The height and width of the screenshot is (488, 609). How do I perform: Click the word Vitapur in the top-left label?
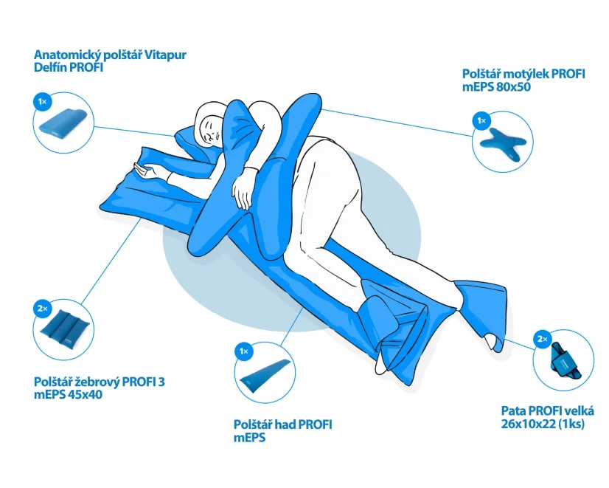pyautogui.click(x=165, y=55)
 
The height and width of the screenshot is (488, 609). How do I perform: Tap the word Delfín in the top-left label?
pyautogui.click(x=50, y=67)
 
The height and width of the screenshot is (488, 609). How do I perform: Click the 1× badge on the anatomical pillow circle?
pyautogui.click(x=42, y=102)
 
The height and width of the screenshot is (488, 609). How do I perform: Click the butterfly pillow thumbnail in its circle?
pyautogui.click(x=504, y=143)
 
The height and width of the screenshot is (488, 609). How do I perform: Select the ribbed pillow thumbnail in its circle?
pyautogui.click(x=66, y=331)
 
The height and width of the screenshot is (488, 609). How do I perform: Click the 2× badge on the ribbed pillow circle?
pyautogui.click(x=42, y=309)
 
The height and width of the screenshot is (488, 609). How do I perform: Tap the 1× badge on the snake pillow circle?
pyautogui.click(x=244, y=351)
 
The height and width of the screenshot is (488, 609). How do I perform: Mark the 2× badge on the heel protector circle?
pyautogui.click(x=543, y=340)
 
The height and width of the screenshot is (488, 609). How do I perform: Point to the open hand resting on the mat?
pyautogui.click(x=147, y=171)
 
